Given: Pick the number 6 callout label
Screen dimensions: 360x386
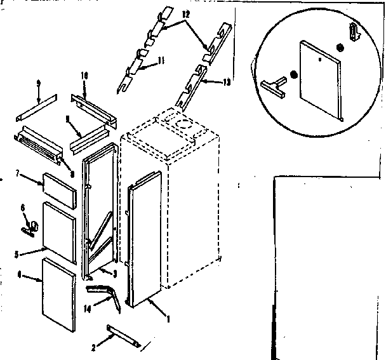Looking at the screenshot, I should (23, 208).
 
